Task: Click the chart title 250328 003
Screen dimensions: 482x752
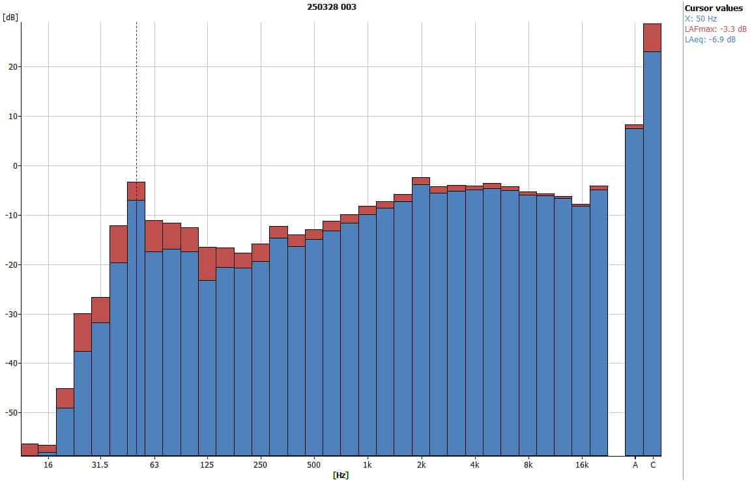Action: coord(332,7)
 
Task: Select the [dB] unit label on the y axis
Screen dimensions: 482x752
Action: coord(10,17)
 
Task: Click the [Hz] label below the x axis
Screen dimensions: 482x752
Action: coord(341,475)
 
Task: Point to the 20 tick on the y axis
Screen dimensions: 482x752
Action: coord(12,67)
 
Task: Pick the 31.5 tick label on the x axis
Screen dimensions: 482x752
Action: coord(100,465)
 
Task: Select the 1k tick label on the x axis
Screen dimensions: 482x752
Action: coord(368,465)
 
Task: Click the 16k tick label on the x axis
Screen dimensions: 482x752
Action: coord(582,465)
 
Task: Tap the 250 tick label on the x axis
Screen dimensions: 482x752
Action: coord(260,465)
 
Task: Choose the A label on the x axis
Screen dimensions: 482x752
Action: coord(635,465)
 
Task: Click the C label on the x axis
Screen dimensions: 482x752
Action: coord(653,465)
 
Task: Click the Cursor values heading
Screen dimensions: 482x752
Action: coord(713,8)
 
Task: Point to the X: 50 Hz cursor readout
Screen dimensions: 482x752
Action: coord(701,19)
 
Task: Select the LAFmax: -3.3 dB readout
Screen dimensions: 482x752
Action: coord(715,29)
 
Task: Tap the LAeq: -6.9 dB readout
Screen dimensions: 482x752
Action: coord(710,40)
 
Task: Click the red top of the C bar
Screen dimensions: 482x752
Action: coord(652,37)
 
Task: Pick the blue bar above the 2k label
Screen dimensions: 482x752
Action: coord(421,319)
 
